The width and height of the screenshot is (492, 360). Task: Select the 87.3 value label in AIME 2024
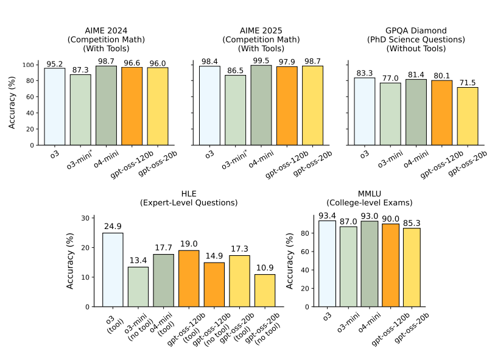80,71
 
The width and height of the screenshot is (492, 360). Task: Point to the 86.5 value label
235,71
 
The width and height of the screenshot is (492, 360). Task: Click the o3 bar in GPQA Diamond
365,111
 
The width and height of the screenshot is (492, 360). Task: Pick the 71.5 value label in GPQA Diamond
467,83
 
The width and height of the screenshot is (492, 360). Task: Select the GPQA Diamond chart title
416,39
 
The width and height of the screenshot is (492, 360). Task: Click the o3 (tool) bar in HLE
113,269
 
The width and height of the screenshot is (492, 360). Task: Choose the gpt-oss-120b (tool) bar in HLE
189,278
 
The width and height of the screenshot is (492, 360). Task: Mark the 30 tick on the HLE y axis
90,218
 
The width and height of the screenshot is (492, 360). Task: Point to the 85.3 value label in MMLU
412,224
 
